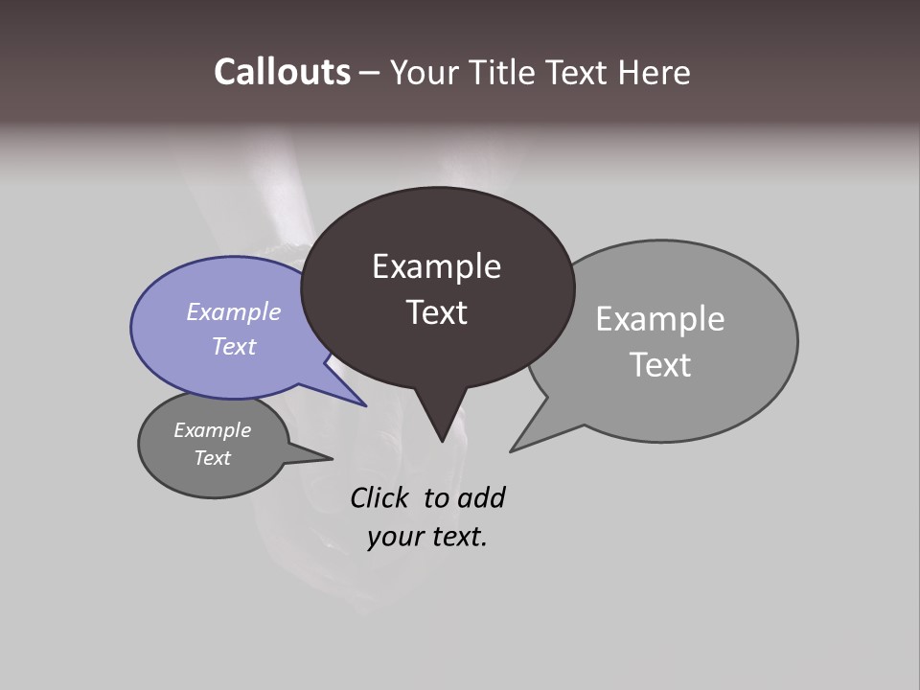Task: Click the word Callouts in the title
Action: [x=282, y=73]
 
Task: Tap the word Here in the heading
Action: [x=655, y=73]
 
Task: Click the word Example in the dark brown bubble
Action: [x=436, y=266]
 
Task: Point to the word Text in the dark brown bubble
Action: [x=436, y=312]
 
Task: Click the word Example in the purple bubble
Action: [x=234, y=311]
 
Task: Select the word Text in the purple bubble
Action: [x=234, y=346]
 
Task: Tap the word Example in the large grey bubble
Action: [x=660, y=319]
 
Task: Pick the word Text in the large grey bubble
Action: [x=660, y=365]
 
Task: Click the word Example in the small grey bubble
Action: [x=212, y=430]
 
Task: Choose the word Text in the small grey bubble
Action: [x=212, y=458]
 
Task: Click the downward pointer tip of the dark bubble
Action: [x=442, y=441]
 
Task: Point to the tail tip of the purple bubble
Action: [x=365, y=405]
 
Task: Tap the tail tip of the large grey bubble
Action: [x=512, y=450]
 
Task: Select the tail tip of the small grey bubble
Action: [x=332, y=458]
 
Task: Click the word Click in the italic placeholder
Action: [x=379, y=498]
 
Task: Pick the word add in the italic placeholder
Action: [x=481, y=498]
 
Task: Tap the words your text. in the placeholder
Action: [x=427, y=537]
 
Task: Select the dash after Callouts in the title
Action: [x=370, y=73]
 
